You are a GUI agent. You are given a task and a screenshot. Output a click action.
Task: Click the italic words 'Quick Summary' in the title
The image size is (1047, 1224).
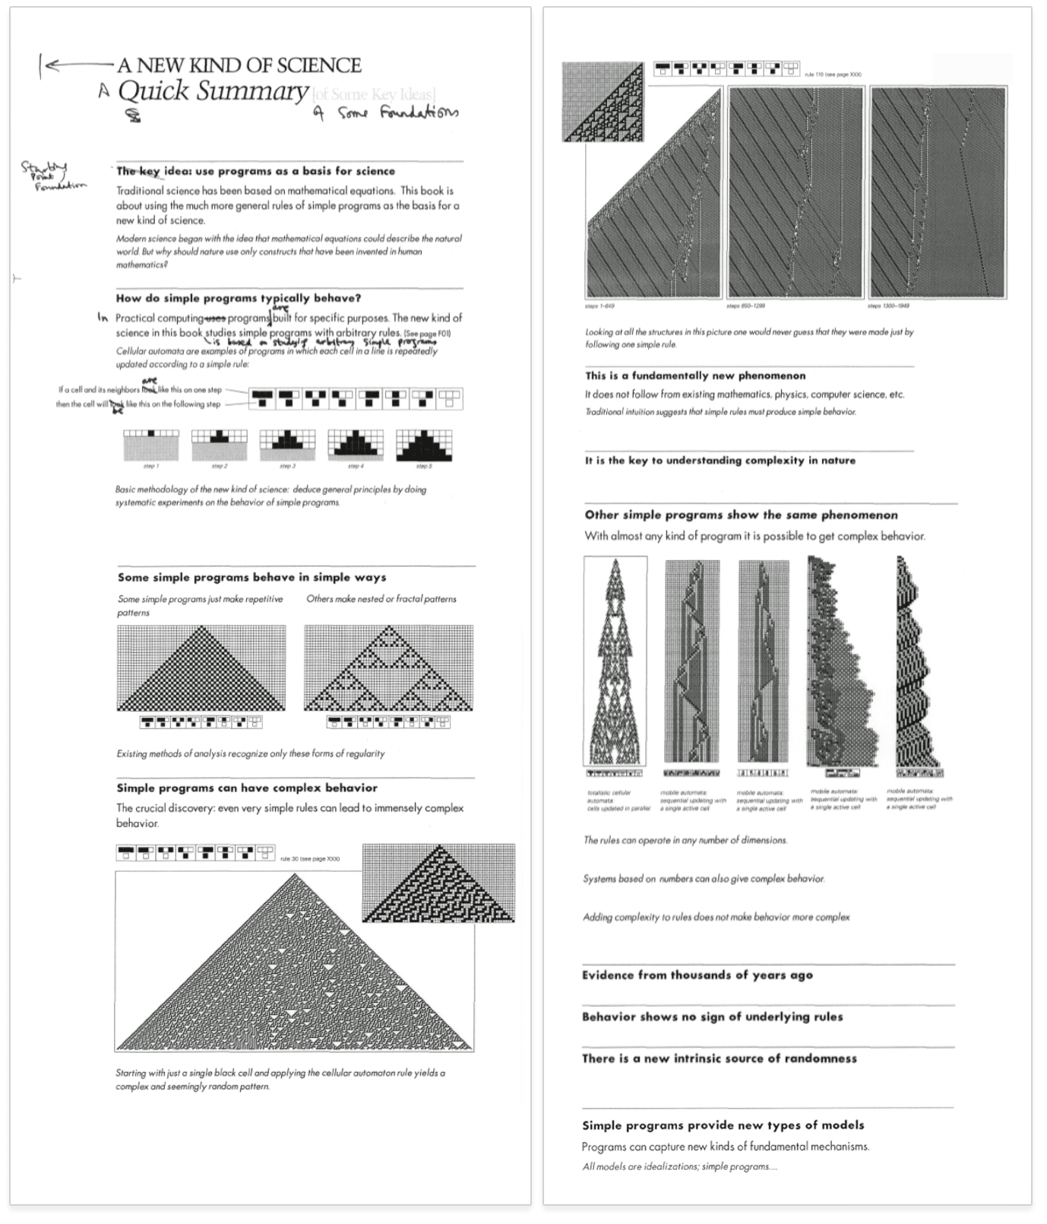coord(213,92)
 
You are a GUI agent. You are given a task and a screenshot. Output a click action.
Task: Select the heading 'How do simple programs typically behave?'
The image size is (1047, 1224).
coord(239,298)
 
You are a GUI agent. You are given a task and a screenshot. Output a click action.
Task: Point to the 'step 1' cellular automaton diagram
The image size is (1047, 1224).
coord(151,446)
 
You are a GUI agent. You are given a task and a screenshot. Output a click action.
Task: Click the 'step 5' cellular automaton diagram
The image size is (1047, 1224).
coord(423,446)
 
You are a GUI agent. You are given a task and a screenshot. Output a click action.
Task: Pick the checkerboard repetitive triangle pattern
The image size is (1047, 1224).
coord(201,668)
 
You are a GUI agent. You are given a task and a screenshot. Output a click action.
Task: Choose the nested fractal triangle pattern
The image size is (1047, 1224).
coord(388,668)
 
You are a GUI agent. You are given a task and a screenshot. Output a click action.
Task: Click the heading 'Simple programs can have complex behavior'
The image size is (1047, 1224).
coord(247,788)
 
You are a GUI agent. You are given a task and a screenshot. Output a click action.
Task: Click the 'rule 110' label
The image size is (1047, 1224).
coord(833,75)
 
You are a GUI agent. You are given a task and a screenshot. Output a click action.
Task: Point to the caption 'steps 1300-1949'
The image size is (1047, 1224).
coord(888,306)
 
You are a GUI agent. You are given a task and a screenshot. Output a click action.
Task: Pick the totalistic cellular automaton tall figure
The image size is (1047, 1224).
coord(615,661)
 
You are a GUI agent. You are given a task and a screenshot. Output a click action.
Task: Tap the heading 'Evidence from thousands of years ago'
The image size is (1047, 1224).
coord(697,975)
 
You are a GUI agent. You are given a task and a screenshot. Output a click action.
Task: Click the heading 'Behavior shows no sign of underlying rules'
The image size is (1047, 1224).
coord(713,1017)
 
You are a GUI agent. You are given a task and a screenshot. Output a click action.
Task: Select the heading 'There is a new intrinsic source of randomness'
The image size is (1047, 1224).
coord(720,1058)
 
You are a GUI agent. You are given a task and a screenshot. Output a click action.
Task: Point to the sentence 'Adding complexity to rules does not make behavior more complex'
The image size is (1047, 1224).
coord(716,918)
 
